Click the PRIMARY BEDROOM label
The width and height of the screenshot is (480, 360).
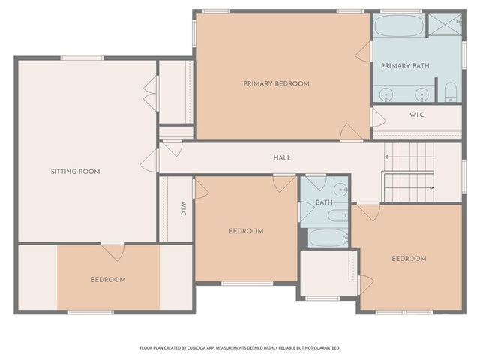click(276, 84)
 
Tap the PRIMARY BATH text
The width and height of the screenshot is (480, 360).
click(405, 66)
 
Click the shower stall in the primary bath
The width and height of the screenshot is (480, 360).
click(445, 25)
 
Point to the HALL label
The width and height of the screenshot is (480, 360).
click(282, 157)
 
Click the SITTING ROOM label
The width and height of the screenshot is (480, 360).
click(75, 172)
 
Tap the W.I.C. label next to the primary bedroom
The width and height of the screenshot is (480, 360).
click(418, 115)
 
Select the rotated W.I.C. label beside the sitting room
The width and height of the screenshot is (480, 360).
click(182, 209)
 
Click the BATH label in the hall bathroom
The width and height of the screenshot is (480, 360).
click(324, 202)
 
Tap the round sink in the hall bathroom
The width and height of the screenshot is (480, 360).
click(339, 190)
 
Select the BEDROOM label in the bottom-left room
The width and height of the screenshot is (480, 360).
click(108, 280)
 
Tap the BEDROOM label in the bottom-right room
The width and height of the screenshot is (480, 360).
click(409, 259)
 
